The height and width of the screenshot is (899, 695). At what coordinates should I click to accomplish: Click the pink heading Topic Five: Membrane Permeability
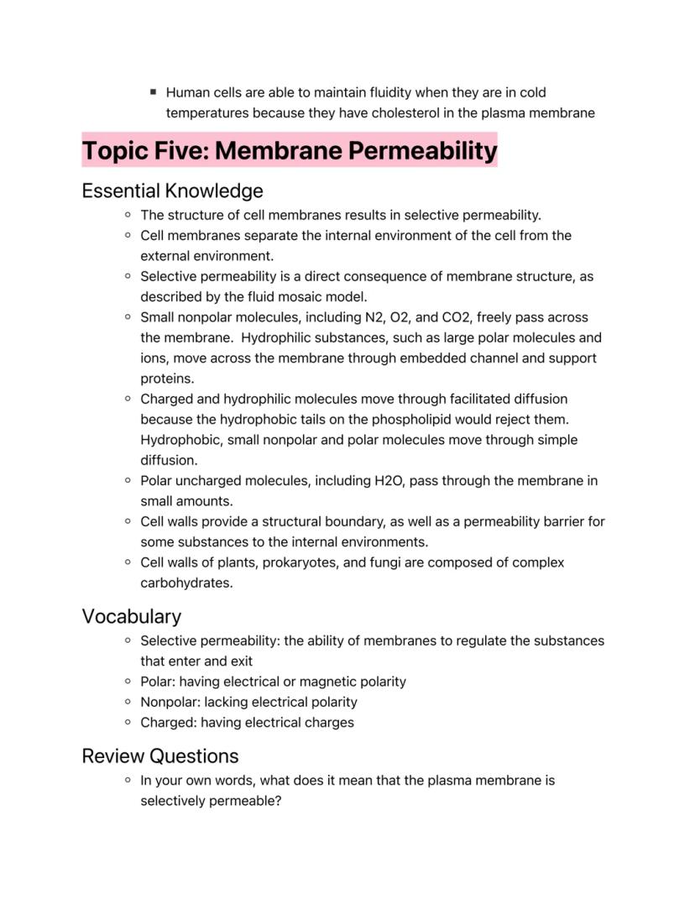pos(289,151)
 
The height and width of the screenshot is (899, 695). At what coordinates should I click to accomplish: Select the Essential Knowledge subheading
pos(172,191)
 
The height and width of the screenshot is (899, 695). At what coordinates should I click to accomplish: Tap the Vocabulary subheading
pos(131,616)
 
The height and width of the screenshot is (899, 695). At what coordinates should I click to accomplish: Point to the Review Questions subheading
pos(159,755)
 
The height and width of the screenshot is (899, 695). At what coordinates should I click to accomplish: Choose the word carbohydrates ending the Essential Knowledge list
pos(186,583)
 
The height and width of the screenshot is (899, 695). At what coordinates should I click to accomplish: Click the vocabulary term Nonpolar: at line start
pos(170,702)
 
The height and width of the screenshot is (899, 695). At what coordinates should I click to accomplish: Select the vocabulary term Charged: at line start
pos(169,722)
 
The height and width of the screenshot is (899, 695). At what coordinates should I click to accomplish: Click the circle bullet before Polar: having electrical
pos(128,682)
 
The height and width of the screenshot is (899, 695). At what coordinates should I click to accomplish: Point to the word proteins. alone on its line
pos(167,379)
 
